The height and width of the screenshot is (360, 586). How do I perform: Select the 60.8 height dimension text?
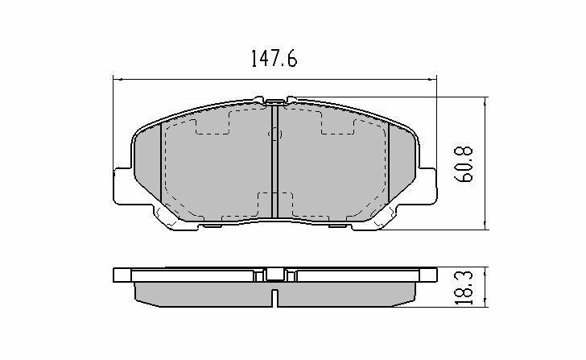464,164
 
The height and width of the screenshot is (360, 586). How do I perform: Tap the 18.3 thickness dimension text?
464,288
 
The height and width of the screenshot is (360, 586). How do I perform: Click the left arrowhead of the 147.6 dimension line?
116,79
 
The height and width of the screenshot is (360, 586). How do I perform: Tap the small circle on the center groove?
275,135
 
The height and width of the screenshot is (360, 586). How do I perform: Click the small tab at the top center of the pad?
275,101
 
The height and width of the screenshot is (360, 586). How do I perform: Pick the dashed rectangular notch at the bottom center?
275,203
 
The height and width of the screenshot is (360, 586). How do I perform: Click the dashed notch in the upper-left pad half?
213,122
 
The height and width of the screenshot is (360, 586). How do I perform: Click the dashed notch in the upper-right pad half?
338,122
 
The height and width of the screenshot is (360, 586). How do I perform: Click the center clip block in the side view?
275,275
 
